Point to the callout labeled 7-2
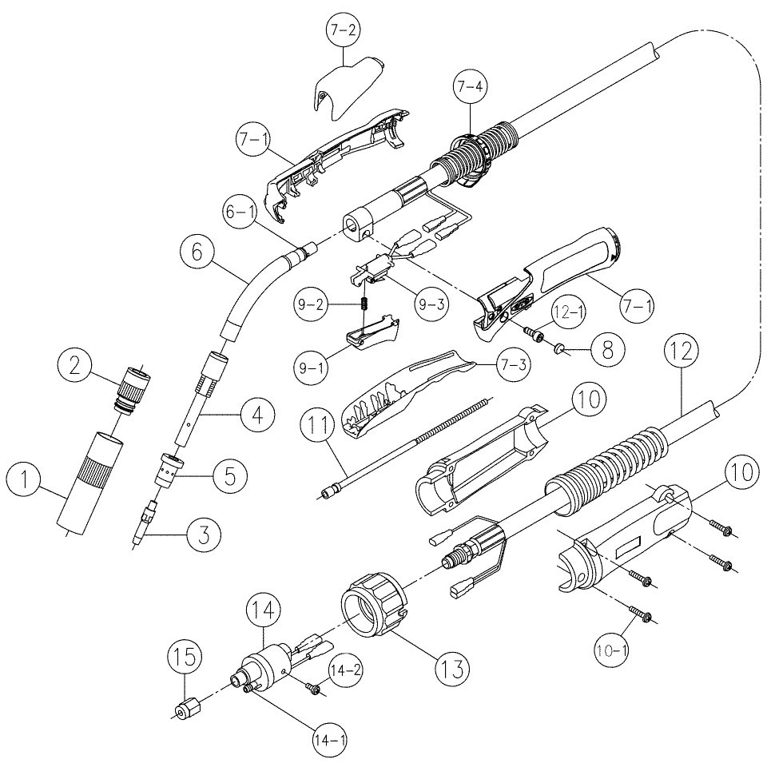point(343,33)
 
